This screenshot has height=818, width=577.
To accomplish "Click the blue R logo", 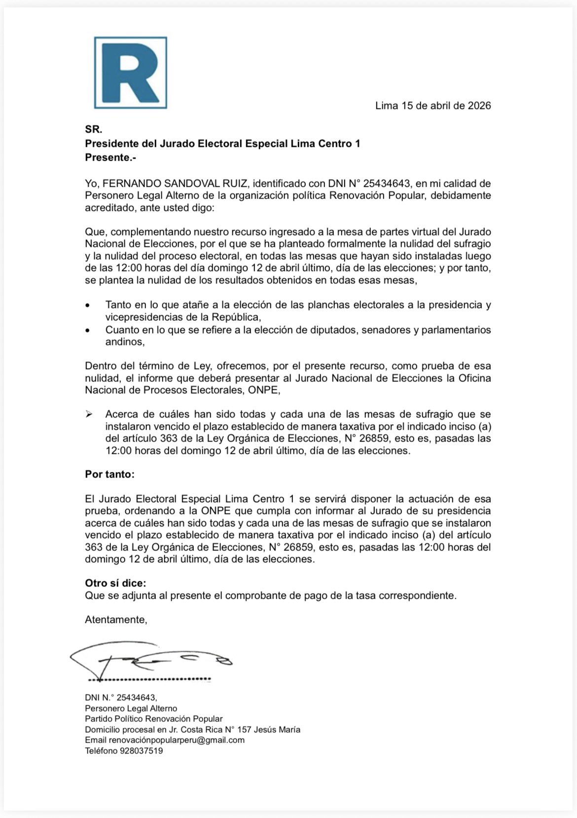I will click(x=131, y=72).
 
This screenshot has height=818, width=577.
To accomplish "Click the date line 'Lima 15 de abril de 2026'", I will click(x=433, y=105).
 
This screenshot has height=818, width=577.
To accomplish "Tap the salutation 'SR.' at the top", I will click(x=94, y=130).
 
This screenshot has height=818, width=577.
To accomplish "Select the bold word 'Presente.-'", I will click(x=110, y=157).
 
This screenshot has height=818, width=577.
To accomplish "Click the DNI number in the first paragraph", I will click(x=387, y=184).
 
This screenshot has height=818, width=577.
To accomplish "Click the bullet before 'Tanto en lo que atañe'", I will click(x=88, y=306).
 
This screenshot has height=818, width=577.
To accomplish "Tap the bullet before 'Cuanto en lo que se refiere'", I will click(x=88, y=330).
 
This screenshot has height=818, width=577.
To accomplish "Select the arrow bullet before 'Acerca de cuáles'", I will click(x=89, y=414).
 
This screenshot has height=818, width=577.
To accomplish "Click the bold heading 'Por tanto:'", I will click(x=109, y=475).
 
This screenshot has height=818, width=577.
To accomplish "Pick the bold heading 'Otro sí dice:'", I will click(x=115, y=583).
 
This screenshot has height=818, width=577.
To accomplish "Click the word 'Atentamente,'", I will click(x=116, y=619).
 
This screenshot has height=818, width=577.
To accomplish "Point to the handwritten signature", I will click(x=148, y=660).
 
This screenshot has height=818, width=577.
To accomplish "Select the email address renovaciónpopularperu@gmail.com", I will click(x=177, y=740).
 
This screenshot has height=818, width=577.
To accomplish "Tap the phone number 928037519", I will click(x=141, y=751).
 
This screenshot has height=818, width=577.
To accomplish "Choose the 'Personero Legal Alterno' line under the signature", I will click(x=131, y=708).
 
